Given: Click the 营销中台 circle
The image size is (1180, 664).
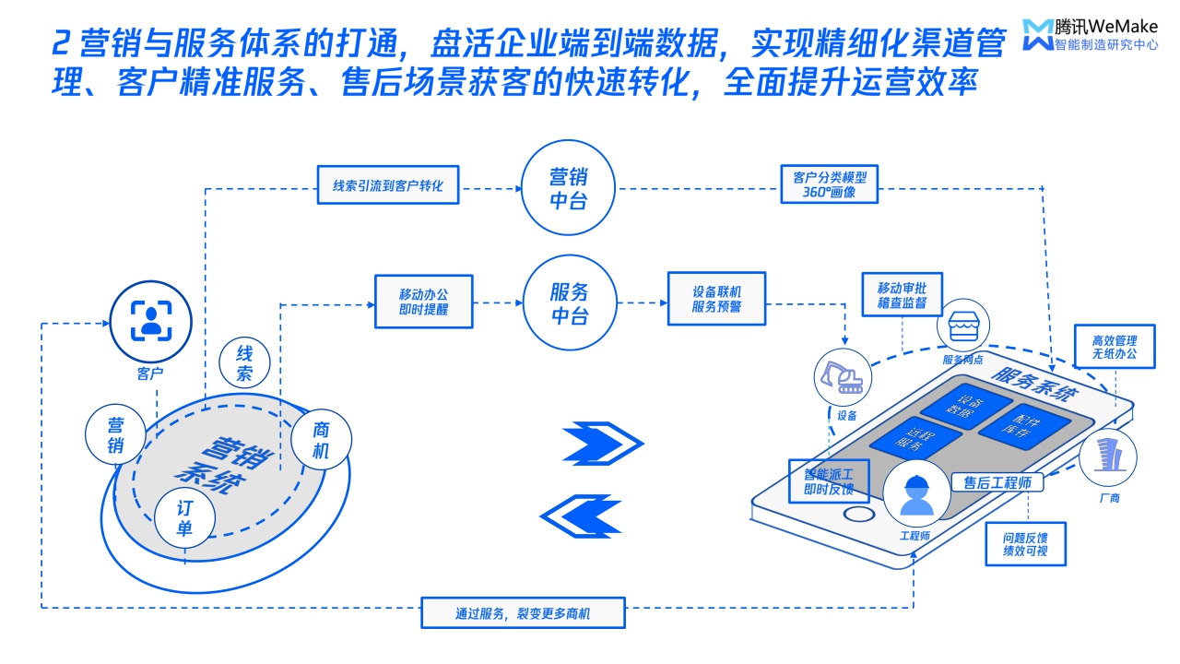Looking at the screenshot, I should pyautogui.click(x=568, y=188).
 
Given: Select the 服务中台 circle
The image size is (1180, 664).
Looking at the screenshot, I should pyautogui.click(x=568, y=303).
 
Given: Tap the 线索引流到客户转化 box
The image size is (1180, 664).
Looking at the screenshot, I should pyautogui.click(x=388, y=185).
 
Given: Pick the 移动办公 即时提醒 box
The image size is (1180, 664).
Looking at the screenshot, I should pyautogui.click(x=423, y=302).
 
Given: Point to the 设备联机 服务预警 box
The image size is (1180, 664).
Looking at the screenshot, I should pyautogui.click(x=716, y=298).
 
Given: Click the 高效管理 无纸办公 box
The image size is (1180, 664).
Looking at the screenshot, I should pyautogui.click(x=1115, y=347).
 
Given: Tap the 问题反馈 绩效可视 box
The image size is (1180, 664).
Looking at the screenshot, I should pyautogui.click(x=1026, y=544).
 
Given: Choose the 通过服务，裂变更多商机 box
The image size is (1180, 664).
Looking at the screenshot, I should pyautogui.click(x=524, y=613).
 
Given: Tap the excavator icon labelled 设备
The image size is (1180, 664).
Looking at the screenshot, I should pyautogui.click(x=842, y=376).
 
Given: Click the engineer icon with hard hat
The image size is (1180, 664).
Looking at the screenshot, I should pyautogui.click(x=916, y=495).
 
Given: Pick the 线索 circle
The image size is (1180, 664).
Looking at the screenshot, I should pyautogui.click(x=245, y=363).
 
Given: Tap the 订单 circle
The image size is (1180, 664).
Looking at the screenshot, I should pyautogui.click(x=185, y=517).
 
